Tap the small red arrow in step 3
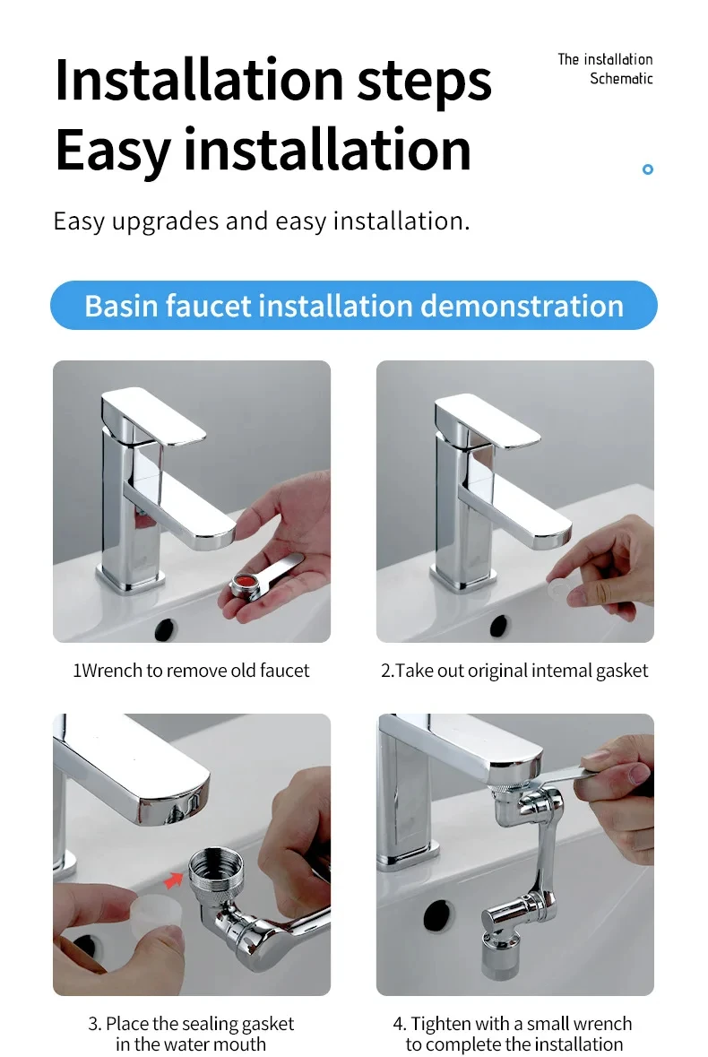[x=174, y=879]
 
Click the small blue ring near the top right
[x=647, y=169]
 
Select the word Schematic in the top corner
[x=621, y=79]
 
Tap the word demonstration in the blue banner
[x=522, y=306]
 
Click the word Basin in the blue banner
[x=121, y=306]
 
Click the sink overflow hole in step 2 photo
[x=499, y=627]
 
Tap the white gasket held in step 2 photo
[x=558, y=588]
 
